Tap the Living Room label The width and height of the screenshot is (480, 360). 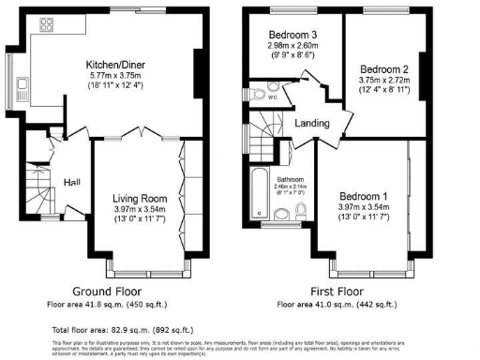(x=140, y=198)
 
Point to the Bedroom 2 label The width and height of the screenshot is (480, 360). (x=384, y=69)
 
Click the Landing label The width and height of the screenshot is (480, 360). (x=311, y=122)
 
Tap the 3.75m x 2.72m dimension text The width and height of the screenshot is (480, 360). (x=384, y=81)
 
